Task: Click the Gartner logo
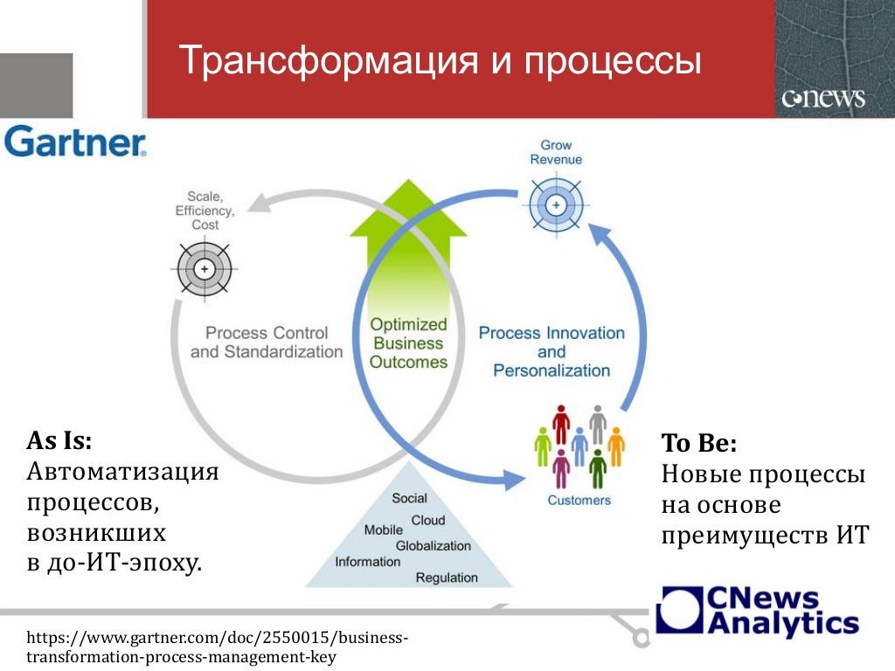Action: coord(75,142)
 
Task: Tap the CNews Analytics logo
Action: coord(758,612)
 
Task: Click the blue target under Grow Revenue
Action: coord(556,204)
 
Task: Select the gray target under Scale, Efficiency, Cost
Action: coord(205,269)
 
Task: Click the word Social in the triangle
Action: coord(409,498)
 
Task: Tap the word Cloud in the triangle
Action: coord(428,521)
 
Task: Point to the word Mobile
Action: coord(383,530)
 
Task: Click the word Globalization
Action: coord(434,546)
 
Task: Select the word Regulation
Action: coord(447,578)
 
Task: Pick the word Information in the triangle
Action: coord(368,562)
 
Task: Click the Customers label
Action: coord(579,501)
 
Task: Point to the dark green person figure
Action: coord(598,469)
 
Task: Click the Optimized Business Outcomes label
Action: coord(408,342)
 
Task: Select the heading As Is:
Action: coord(59,440)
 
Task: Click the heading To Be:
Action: coord(699,443)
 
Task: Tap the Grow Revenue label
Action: coord(556,152)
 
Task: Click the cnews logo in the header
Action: coord(823,98)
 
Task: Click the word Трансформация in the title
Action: coord(329,60)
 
